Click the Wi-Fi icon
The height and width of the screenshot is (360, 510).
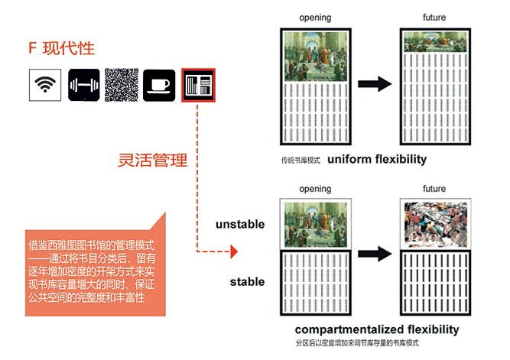(x=45, y=85)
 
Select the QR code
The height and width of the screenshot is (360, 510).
(x=122, y=85)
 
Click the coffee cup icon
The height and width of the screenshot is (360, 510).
(x=161, y=85)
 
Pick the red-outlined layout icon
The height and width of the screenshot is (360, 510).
(x=199, y=85)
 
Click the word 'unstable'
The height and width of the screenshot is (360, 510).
(x=240, y=225)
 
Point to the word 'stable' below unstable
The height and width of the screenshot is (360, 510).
(x=247, y=282)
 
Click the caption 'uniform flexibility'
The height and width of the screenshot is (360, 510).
(x=378, y=160)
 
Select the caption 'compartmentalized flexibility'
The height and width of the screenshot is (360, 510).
(x=378, y=329)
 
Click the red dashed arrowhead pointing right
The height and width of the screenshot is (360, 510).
(x=234, y=251)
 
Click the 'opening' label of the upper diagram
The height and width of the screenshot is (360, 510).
(x=315, y=17)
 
